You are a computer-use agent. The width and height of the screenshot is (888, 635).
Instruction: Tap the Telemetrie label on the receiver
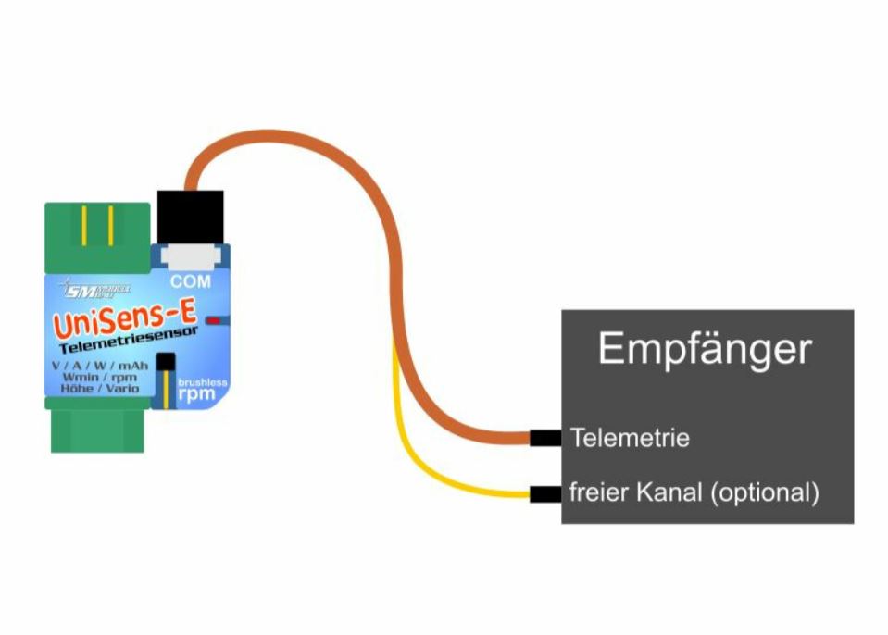(630, 437)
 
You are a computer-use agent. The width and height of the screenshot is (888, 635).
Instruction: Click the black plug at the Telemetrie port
(544, 437)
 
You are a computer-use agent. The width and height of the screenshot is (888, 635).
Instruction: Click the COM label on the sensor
(191, 280)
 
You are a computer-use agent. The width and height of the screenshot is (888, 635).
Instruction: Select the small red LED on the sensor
(214, 320)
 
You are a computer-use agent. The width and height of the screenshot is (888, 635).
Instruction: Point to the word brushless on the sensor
(202, 381)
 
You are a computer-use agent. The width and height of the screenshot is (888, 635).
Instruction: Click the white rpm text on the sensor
(197, 394)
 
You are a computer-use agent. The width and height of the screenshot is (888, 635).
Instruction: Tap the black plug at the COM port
(191, 215)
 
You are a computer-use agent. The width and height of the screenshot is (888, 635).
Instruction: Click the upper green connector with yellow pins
(96, 237)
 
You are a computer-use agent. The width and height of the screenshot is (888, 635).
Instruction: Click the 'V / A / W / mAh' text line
(100, 366)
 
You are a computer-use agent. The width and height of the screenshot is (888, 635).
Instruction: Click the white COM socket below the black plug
(190, 256)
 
